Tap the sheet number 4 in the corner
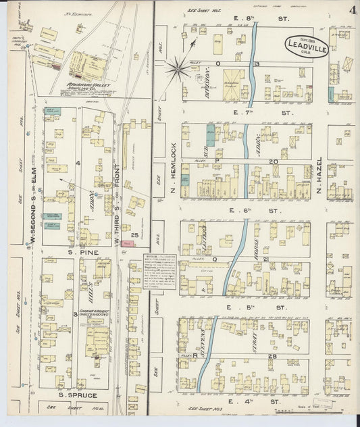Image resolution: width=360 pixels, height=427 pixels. click(x=353, y=10)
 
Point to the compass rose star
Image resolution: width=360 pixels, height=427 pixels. click(x=179, y=66)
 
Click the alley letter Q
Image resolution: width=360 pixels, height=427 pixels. click(x=215, y=258)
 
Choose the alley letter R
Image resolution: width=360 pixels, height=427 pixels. click(x=195, y=355)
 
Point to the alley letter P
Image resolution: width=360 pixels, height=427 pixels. click(x=216, y=161)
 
